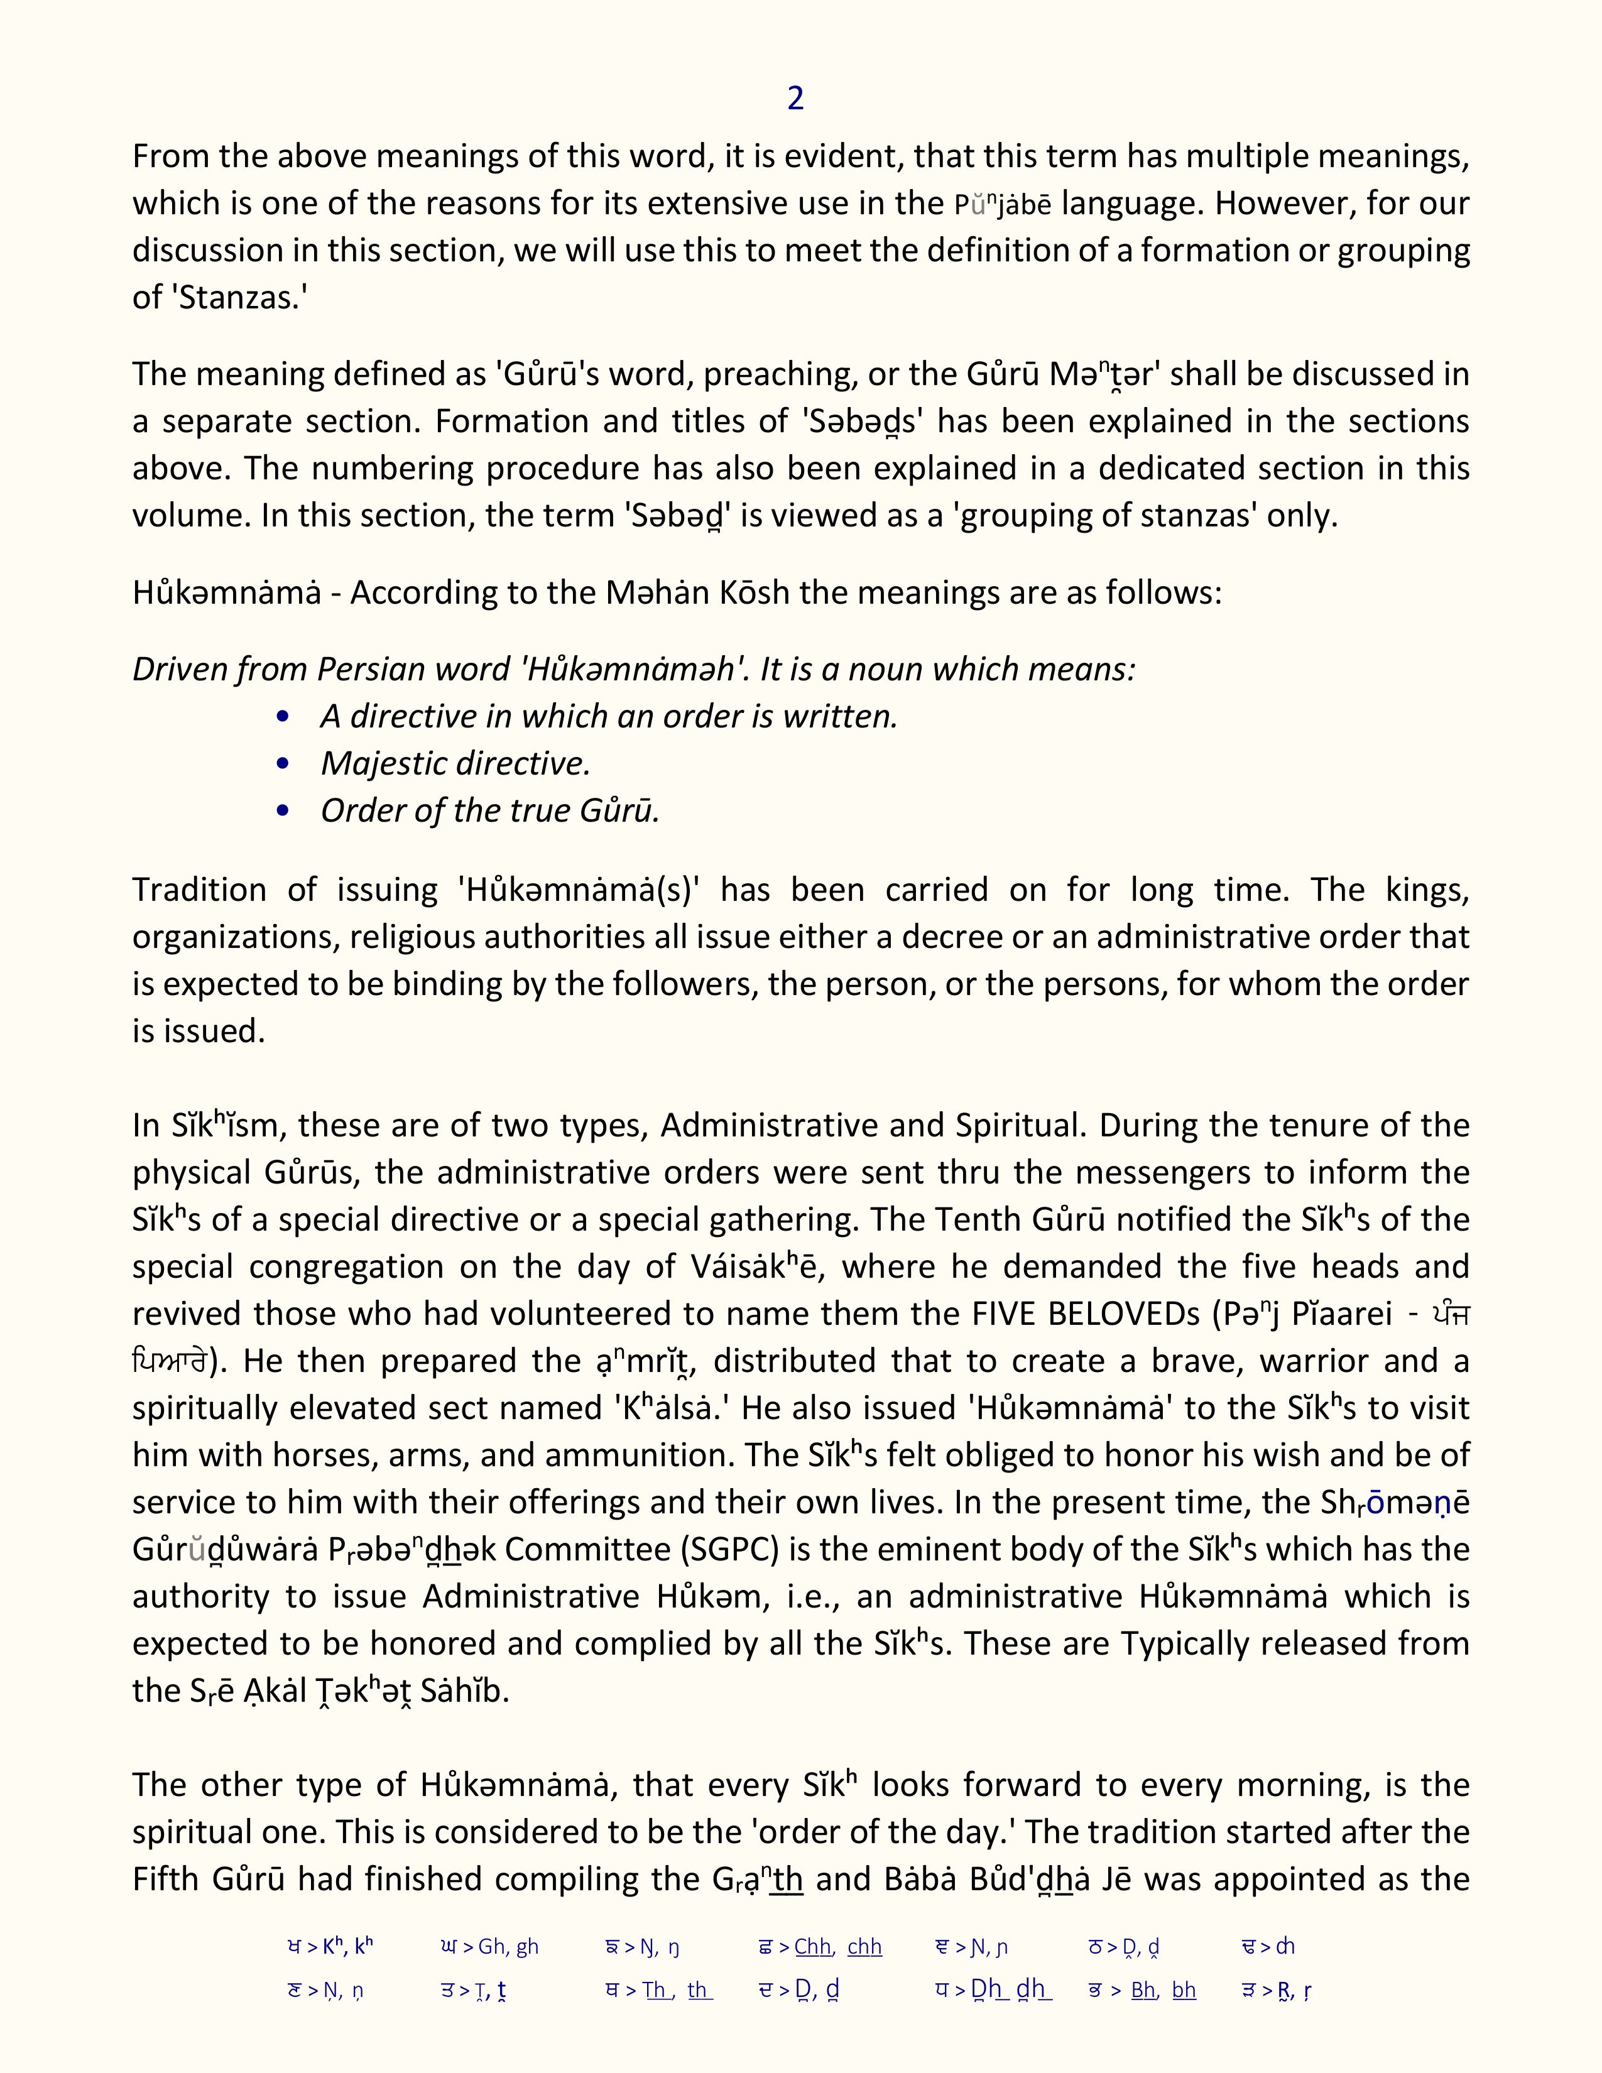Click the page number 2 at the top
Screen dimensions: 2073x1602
[x=795, y=99]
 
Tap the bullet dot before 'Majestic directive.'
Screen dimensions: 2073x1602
[x=282, y=764]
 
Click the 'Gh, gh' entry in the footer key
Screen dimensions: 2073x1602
[x=508, y=1947]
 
